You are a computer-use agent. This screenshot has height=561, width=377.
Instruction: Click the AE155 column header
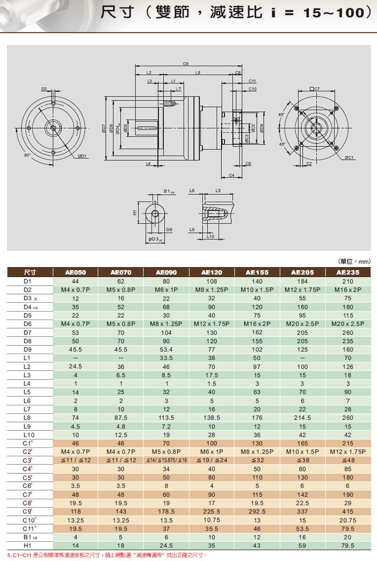(257, 272)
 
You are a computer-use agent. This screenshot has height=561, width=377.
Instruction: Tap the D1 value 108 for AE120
(212, 281)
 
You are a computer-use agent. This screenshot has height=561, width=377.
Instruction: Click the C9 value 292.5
(257, 511)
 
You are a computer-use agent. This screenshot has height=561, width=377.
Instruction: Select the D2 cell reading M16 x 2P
(348, 289)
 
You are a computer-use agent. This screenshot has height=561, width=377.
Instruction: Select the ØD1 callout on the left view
(82, 156)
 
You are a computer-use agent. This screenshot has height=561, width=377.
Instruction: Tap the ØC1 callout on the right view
(349, 157)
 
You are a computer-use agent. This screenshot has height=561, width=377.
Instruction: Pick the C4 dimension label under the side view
(232, 175)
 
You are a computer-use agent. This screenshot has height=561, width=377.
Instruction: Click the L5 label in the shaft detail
(218, 190)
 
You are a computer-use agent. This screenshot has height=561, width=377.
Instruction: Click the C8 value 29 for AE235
(348, 503)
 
